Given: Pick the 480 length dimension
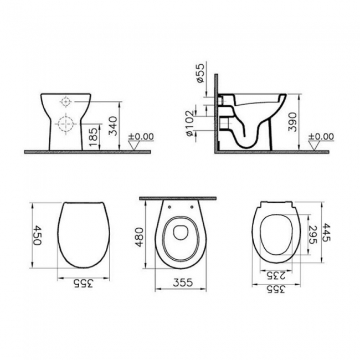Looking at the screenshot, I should [140, 238].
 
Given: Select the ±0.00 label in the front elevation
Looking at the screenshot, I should [141, 136].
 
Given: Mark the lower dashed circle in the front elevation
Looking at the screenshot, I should [65, 123].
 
